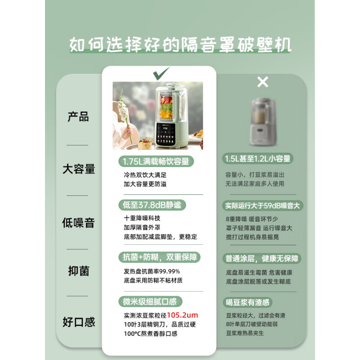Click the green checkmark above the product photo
click(x=161, y=72)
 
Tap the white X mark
click(x=262, y=81)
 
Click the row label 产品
click(x=78, y=117)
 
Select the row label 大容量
click(x=78, y=169)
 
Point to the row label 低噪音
click(x=78, y=222)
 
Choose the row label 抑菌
click(x=78, y=270)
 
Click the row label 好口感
click(x=78, y=322)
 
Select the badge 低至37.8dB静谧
click(x=152, y=205)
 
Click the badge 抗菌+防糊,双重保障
click(x=159, y=257)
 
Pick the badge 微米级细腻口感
click(x=150, y=301)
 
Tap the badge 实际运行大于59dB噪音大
click(x=262, y=206)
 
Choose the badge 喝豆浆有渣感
click(x=248, y=302)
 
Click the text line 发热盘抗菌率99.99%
click(x=152, y=271)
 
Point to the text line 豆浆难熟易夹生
click(x=244, y=333)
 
